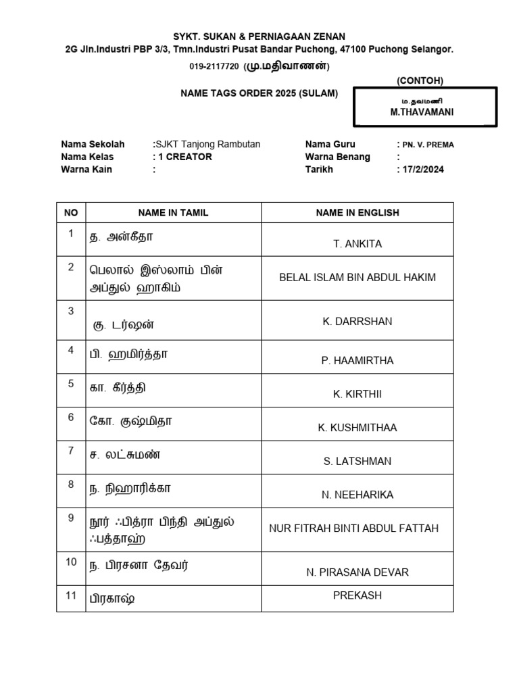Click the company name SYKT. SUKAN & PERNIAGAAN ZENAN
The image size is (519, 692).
[259, 36]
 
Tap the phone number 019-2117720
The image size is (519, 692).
[214, 66]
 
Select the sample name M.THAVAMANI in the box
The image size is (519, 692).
[422, 112]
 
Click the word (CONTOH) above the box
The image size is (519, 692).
[420, 80]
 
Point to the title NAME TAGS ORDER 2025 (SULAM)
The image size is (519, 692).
[259, 93]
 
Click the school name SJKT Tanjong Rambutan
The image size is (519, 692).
[209, 144]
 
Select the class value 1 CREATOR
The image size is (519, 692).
[184, 157]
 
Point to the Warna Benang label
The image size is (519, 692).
[337, 157]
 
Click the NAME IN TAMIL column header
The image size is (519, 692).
[173, 212]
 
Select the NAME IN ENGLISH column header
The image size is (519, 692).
[357, 212]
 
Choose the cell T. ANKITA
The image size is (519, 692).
[357, 244]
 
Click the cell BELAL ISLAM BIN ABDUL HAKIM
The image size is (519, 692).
[357, 277]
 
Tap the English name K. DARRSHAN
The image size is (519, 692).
[357, 321]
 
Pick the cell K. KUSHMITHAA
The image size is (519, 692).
[357, 428]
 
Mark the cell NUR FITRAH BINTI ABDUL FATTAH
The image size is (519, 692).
[354, 528]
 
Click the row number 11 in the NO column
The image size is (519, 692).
[71, 595]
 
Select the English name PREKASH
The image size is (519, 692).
[357, 595]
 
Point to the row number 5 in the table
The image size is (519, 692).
[71, 384]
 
